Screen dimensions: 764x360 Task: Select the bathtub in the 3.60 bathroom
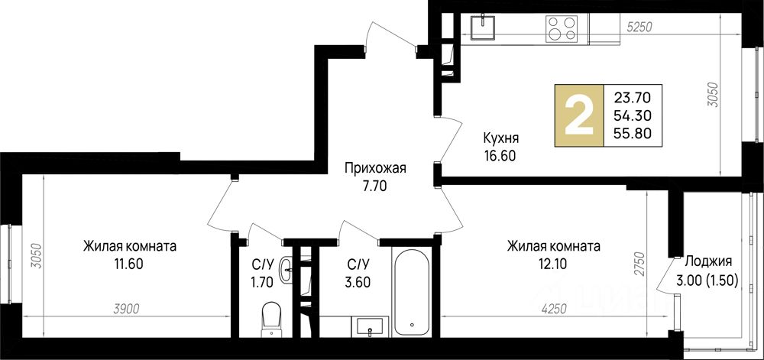tap(412, 293)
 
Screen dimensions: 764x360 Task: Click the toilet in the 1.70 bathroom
tap(270, 319)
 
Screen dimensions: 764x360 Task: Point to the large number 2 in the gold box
tap(579, 115)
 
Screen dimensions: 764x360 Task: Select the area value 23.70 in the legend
tap(633, 99)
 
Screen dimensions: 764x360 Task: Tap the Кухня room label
tap(500, 138)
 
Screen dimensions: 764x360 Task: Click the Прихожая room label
tap(375, 169)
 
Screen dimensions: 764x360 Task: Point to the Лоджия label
tap(708, 261)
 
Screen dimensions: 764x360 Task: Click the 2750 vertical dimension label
tap(642, 264)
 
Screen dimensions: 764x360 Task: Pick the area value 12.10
tap(553, 264)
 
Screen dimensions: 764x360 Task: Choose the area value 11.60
tap(129, 264)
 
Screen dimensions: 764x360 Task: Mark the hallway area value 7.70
tap(375, 186)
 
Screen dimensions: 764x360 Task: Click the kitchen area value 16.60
tap(500, 156)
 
